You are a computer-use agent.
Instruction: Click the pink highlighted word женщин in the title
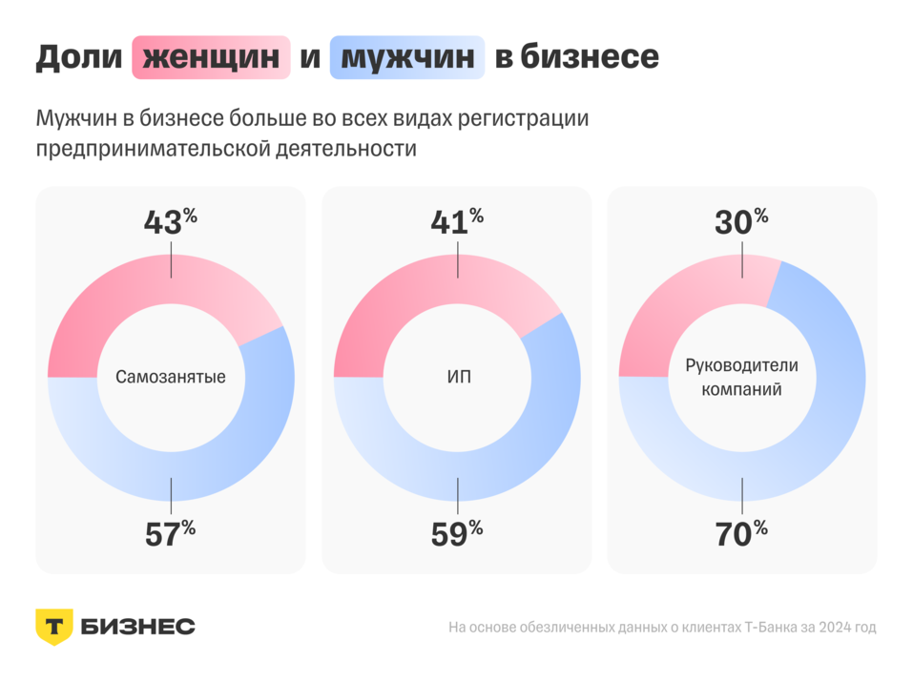coord(211,57)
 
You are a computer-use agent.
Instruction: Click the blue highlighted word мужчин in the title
coord(407,57)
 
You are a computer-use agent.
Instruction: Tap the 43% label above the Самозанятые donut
coord(170,221)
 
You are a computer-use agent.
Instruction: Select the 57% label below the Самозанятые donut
coord(170,533)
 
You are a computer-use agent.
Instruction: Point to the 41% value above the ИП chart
coord(456,221)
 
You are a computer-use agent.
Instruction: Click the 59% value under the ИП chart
coord(456,533)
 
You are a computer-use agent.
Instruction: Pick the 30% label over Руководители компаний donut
coord(741,221)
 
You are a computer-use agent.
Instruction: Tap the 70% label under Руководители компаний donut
coord(741,533)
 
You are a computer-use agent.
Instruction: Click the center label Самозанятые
coord(171,377)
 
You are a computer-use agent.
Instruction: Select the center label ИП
coord(457,377)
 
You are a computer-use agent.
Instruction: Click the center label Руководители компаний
coord(741,378)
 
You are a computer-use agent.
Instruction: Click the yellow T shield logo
coord(54,627)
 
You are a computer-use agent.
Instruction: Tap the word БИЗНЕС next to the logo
coord(137,627)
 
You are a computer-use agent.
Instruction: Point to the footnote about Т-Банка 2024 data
coord(661,628)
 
